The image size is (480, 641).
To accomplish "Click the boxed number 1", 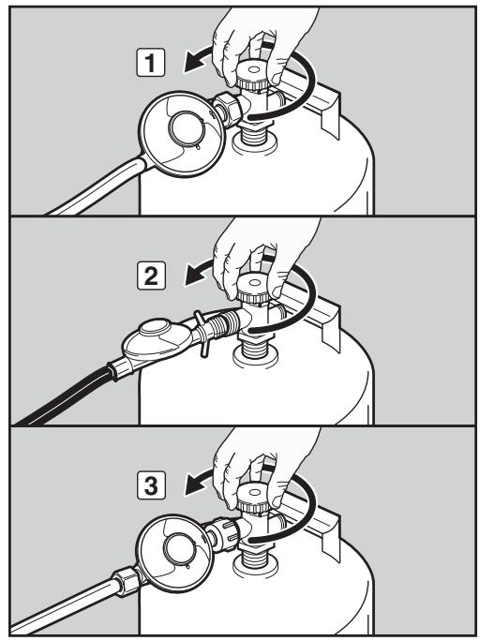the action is [x=150, y=63].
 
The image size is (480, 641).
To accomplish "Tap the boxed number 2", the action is [x=151, y=276].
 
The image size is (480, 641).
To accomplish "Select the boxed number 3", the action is [x=151, y=485].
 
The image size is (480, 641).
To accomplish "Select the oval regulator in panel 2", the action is [x=157, y=340].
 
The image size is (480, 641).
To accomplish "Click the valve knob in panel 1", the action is [x=253, y=76].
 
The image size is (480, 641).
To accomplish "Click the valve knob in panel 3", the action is [x=253, y=498].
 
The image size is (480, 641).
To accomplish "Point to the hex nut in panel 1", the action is [x=226, y=110].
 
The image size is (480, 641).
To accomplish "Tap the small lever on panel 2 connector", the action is [x=202, y=334].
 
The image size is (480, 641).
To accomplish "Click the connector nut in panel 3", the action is [x=224, y=534].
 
